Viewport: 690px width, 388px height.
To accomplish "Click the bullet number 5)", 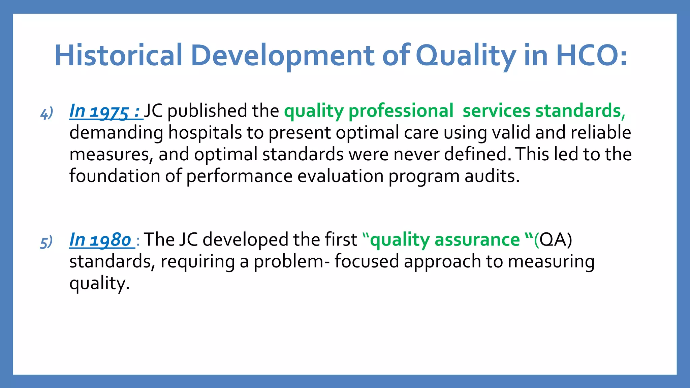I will (x=46, y=243).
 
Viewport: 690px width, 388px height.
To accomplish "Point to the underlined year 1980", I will (x=111, y=240).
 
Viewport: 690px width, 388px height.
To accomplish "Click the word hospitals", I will (x=205, y=132).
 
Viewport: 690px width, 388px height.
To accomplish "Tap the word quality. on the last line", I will (x=99, y=283).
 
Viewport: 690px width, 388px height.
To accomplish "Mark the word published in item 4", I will (x=207, y=110).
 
